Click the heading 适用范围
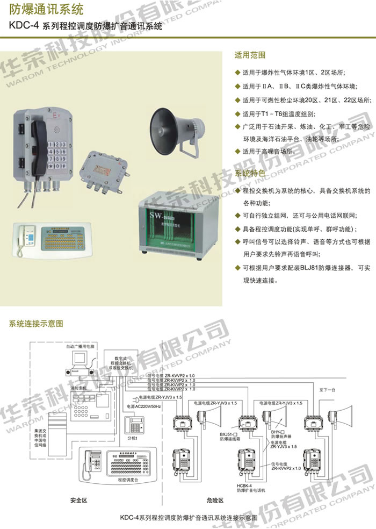(x=250, y=55)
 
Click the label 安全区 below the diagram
(x=78, y=500)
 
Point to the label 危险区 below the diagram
(x=214, y=500)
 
